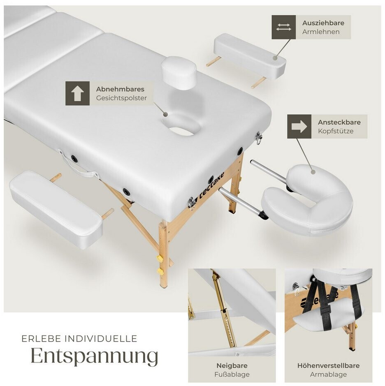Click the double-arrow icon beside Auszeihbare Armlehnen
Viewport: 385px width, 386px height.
pyautogui.click(x=283, y=27)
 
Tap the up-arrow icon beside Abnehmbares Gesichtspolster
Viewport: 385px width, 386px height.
pyautogui.click(x=77, y=93)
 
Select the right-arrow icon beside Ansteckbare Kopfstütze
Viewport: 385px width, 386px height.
pyautogui.click(x=299, y=126)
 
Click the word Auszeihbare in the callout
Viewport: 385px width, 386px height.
pyautogui.click(x=323, y=23)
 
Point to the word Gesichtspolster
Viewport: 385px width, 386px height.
pyautogui.click(x=121, y=98)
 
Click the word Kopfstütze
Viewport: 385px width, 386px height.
pyautogui.click(x=336, y=131)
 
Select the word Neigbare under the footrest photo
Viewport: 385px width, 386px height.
pyautogui.click(x=232, y=365)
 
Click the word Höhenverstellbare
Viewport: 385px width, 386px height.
pyautogui.click(x=328, y=365)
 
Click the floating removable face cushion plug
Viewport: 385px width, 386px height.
pyautogui.click(x=179, y=71)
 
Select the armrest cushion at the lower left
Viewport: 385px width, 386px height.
pyautogui.click(x=56, y=210)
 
